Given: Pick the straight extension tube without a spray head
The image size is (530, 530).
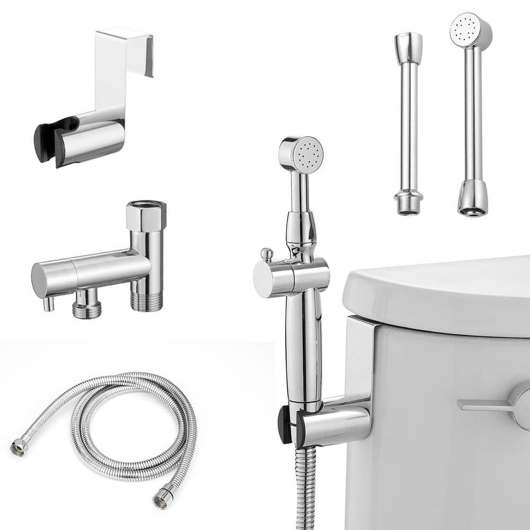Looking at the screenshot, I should [x=409, y=122].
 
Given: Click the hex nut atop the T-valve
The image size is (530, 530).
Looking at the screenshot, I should [x=146, y=212].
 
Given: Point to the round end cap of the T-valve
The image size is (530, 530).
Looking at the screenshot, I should [x=39, y=280].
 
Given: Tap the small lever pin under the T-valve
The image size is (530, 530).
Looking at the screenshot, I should [x=48, y=304].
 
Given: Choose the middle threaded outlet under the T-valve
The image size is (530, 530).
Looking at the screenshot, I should [x=87, y=307].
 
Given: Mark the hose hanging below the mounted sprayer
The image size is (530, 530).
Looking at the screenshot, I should [x=305, y=488].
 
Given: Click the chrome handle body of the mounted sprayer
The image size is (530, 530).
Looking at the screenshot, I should [x=301, y=339].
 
